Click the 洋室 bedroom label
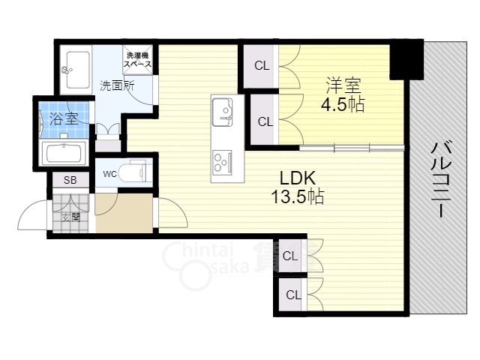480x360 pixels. tap(343, 85)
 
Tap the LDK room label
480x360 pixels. tap(298, 178)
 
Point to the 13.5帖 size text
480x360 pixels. tap(298, 196)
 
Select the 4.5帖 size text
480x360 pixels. tap(343, 105)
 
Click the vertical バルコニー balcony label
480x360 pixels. tap(441, 180)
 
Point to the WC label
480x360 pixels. tap(110, 174)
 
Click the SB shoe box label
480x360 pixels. tap(70, 180)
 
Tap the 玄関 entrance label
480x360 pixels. tap(71, 217)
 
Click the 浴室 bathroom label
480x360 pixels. tap(63, 118)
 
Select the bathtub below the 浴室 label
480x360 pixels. tap(64, 153)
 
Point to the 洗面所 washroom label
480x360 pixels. tap(117, 86)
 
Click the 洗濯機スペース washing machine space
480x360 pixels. tap(137, 60)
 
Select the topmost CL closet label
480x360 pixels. tap(262, 66)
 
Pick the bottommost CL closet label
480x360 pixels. tap(293, 295)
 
